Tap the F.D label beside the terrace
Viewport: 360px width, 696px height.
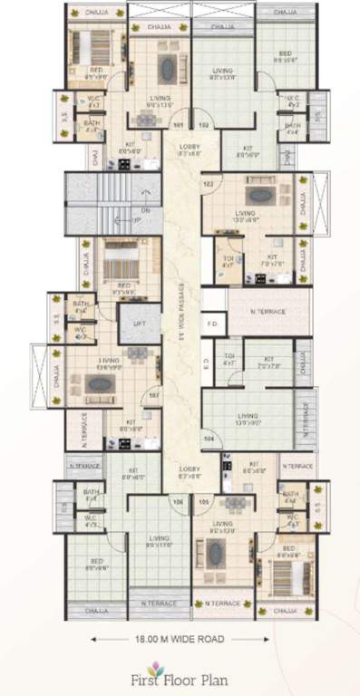[x=212, y=323]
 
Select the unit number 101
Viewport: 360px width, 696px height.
[x=178, y=124]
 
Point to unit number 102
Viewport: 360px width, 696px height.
[x=203, y=124]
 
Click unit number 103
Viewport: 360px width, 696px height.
[x=209, y=184]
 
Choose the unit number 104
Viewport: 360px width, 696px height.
[x=209, y=437]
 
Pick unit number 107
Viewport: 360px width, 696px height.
[x=153, y=395]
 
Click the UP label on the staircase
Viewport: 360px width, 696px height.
[x=137, y=219]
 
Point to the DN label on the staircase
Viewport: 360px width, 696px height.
[x=145, y=209]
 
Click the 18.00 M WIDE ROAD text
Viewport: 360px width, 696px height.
[x=180, y=638]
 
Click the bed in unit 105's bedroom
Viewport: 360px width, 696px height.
[x=290, y=571]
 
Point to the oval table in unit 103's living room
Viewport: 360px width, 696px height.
[x=260, y=194]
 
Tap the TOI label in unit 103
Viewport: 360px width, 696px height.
[x=228, y=257]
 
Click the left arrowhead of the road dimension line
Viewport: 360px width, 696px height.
[x=93, y=638]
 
